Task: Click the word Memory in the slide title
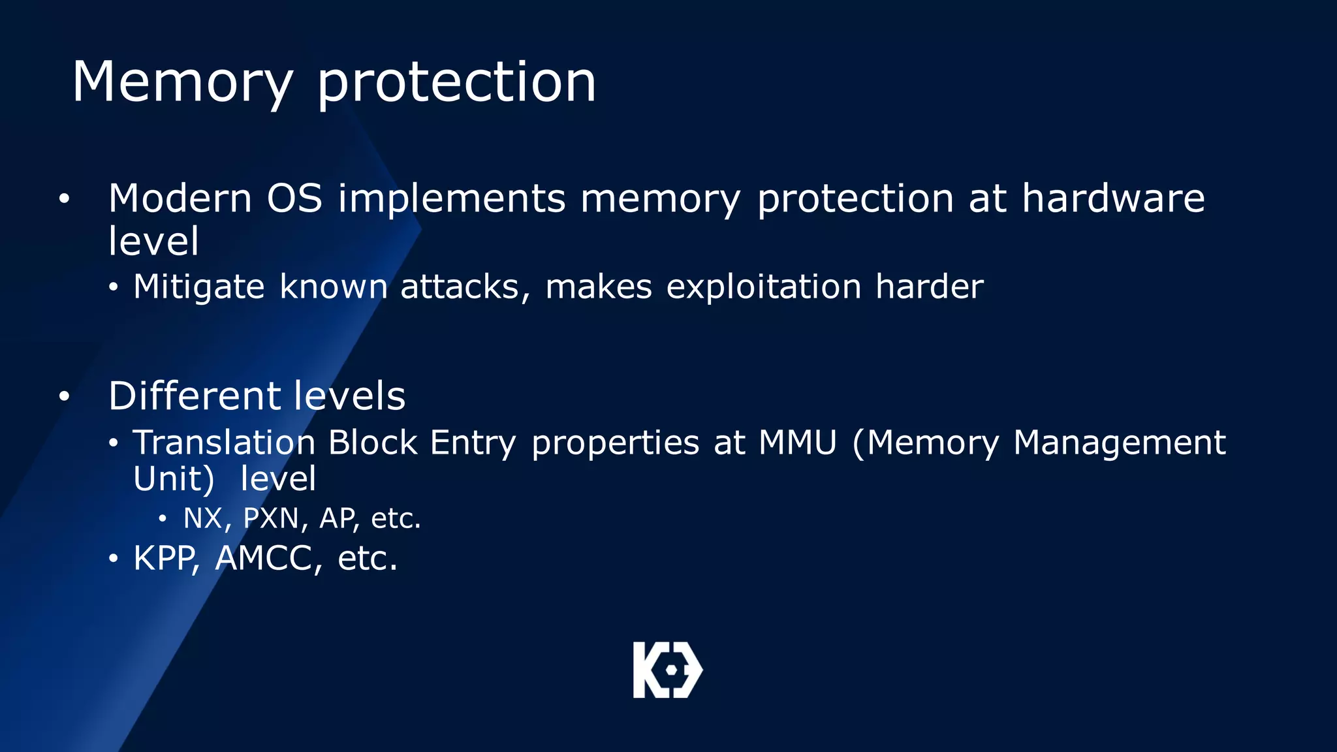182,83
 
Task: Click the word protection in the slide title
456,83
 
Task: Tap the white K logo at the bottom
667,670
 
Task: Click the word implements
451,199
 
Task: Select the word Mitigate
198,287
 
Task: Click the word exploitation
763,287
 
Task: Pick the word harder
929,287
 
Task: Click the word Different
195,396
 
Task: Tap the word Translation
224,443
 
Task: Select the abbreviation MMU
797,443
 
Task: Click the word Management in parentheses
1119,444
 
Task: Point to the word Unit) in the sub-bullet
174,479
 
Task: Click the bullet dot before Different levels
63,396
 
